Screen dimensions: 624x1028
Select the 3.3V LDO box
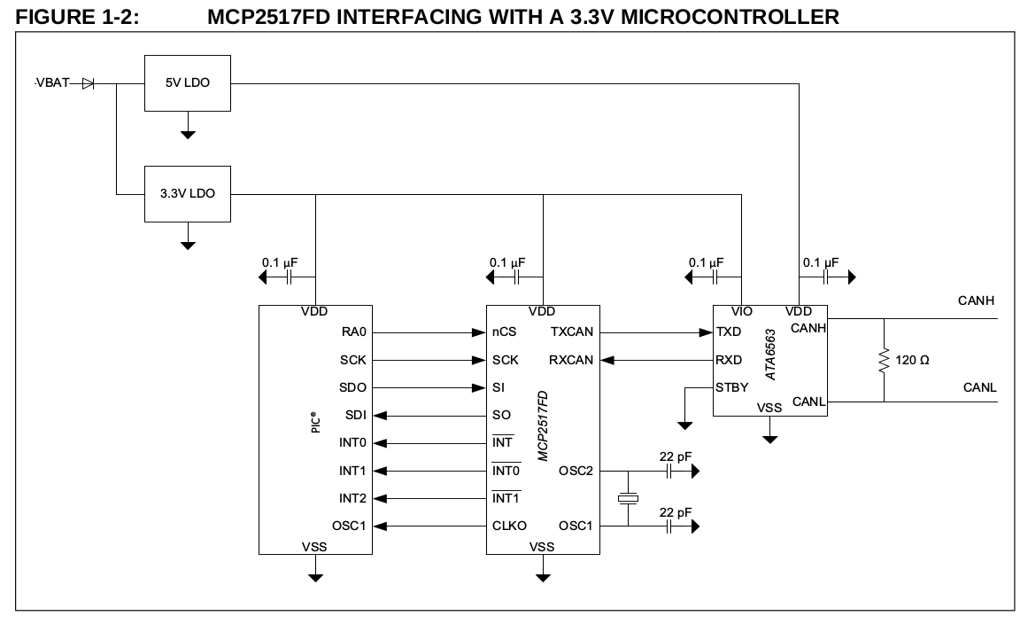[x=187, y=193]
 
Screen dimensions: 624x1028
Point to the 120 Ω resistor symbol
[x=883, y=361]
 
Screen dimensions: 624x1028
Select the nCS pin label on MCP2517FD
[x=504, y=332]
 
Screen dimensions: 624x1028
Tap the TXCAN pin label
[x=572, y=332]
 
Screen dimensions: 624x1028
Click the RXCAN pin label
[x=572, y=360]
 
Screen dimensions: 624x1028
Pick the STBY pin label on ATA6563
[x=731, y=387]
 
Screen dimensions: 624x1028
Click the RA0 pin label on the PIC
[x=353, y=332]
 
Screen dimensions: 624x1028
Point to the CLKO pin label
[x=509, y=526]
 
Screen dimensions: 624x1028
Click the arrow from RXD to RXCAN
[x=656, y=360]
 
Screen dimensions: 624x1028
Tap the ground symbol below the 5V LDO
[x=188, y=134]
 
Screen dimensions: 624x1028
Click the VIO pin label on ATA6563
[x=742, y=312]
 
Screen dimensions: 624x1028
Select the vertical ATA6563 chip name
[x=770, y=355]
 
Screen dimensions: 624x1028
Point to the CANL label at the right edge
[x=979, y=387]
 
